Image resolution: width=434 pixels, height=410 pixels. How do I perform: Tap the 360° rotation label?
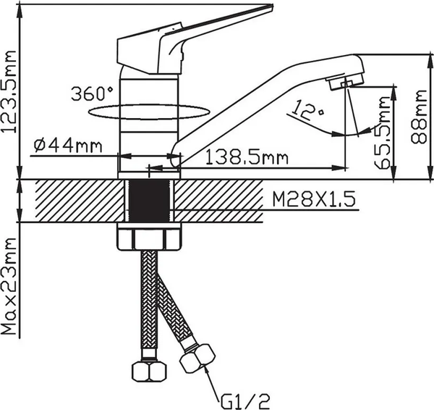(93, 93)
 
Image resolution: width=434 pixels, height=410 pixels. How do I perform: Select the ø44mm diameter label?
(67, 145)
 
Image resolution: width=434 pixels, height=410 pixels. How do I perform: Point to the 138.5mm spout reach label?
(243, 156)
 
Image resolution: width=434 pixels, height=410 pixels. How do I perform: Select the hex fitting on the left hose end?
(149, 372)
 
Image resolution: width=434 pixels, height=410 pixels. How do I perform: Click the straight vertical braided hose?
(149, 304)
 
